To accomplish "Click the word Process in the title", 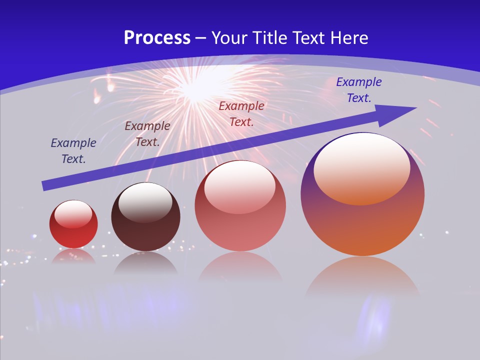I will (157, 38).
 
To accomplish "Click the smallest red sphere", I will (73, 224).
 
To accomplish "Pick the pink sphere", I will (240, 206).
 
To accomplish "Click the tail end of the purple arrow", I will (44, 186).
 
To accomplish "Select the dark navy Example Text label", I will (73, 151).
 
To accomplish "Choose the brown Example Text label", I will (147, 134).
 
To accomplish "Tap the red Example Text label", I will (241, 113).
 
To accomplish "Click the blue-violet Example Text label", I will (358, 90).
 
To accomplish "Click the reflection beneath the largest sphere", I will (362, 275).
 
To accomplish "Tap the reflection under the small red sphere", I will (73, 256).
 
